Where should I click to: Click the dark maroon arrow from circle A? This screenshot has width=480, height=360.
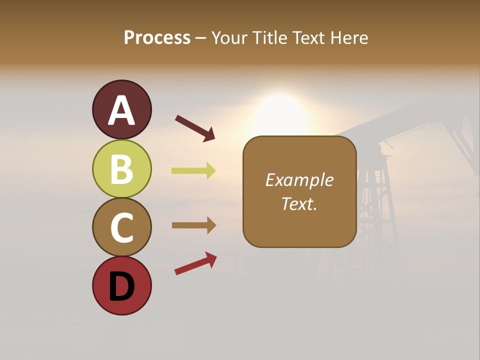click(x=195, y=127)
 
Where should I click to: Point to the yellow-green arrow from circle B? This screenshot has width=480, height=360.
click(x=193, y=171)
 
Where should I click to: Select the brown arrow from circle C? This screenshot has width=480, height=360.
click(x=193, y=225)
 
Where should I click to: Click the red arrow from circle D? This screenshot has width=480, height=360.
click(x=195, y=263)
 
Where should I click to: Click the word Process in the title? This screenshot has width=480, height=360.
click(x=157, y=37)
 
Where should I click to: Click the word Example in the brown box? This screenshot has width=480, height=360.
click(x=299, y=180)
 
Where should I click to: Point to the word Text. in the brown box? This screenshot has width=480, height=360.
click(x=299, y=203)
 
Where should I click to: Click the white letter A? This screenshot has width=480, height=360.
click(x=121, y=111)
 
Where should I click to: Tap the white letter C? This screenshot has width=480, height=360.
click(x=121, y=227)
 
